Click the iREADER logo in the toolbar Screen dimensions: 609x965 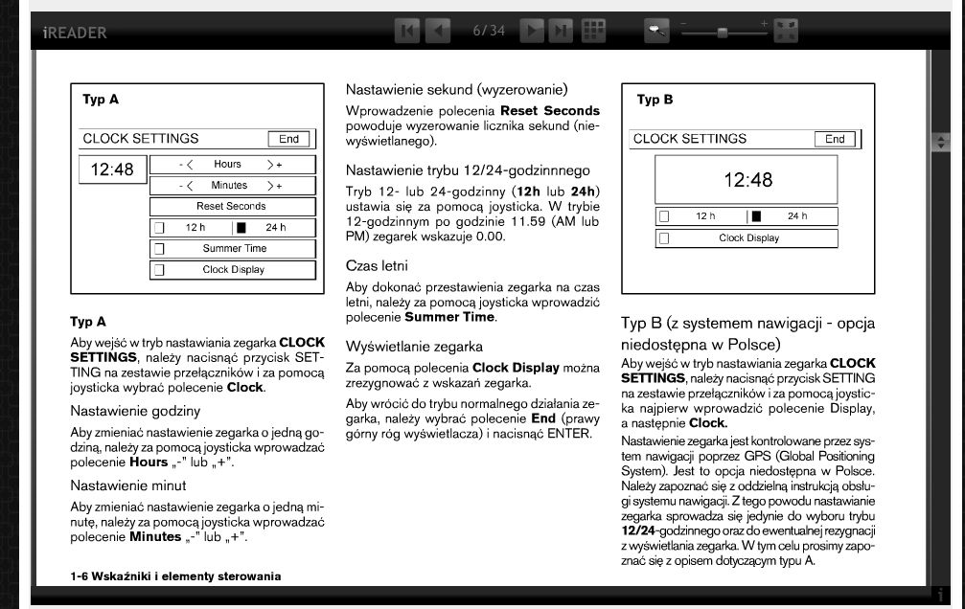(x=74, y=33)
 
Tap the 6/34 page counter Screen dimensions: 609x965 (x=489, y=31)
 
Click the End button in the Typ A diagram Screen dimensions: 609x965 (x=288, y=139)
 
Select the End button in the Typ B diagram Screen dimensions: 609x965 (x=835, y=139)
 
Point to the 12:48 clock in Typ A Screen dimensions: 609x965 (x=112, y=170)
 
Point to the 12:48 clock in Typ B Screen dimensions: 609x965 (x=747, y=179)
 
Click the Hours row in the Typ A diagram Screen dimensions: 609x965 (x=233, y=165)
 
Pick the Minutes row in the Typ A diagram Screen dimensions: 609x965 (x=233, y=186)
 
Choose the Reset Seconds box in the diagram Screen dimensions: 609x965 (x=233, y=207)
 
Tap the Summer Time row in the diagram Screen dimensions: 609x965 (x=233, y=249)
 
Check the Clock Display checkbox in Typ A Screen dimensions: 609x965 (x=159, y=270)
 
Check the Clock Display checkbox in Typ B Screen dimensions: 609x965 (x=663, y=238)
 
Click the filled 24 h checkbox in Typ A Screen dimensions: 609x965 (x=241, y=228)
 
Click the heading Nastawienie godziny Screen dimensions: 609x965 (x=135, y=411)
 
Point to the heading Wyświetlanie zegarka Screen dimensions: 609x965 (x=414, y=346)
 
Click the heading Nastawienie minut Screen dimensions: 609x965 (x=128, y=485)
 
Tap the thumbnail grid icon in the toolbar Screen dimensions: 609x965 (x=594, y=31)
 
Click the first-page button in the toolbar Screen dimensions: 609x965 (x=407, y=31)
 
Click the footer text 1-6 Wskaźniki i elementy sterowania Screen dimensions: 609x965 (x=175, y=575)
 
